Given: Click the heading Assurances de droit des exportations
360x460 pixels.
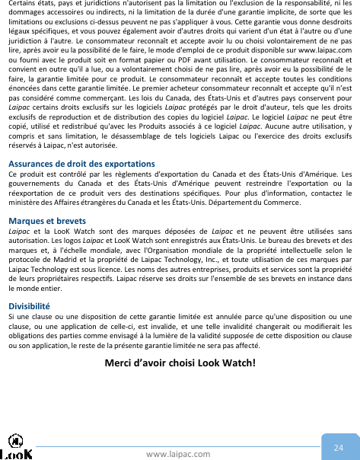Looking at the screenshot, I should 71,164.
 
